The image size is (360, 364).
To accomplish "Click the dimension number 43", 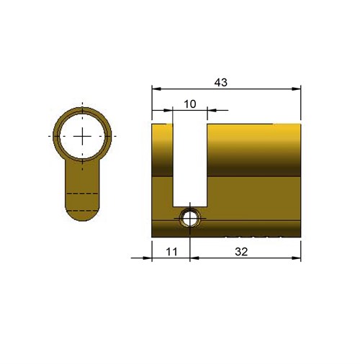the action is (x=221, y=83).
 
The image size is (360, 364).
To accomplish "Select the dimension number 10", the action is (x=190, y=104).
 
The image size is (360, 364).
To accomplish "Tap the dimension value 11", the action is (x=171, y=252).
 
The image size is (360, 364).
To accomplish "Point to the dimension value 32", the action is (x=241, y=252).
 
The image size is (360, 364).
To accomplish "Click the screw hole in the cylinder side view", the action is (x=190, y=219).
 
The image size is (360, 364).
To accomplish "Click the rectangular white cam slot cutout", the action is (x=190, y=165).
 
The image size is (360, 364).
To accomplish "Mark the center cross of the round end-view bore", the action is (x=82, y=136).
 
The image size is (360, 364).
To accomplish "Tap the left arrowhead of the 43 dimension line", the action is (x=156, y=89).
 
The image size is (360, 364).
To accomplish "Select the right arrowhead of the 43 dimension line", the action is (x=296, y=89).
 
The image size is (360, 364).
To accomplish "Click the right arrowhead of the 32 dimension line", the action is (x=296, y=258).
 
